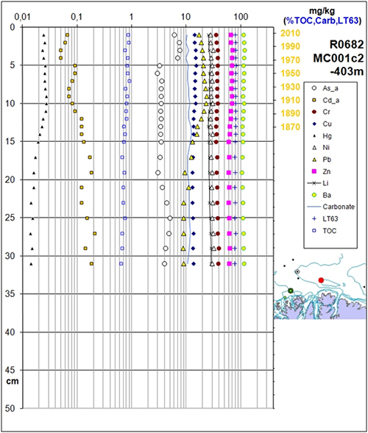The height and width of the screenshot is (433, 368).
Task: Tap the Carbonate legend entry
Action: pos(330,207)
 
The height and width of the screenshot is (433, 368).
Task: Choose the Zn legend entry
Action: pos(321,171)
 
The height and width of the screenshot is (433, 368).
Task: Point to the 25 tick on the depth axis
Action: pos(11,218)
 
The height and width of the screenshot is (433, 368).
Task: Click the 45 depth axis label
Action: pos(11,371)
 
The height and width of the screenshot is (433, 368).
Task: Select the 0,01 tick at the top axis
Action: pos(22,17)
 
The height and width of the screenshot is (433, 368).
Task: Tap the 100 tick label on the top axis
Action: pos(241,17)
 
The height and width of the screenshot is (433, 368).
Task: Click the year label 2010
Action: pos(290,33)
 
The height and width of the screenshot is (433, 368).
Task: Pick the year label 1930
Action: pos(290,87)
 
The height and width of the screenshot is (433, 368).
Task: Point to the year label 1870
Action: pos(290,127)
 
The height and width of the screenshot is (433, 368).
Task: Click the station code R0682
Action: pos(347,44)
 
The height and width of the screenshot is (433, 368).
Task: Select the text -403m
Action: pos(347,71)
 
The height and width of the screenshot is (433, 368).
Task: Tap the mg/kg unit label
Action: pos(322,11)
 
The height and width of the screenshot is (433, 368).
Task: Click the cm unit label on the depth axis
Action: pos(13,382)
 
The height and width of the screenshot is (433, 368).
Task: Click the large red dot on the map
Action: pos(321,280)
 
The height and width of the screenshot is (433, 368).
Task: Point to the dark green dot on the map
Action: pos(290,290)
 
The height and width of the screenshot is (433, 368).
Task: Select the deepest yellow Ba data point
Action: pos(244,264)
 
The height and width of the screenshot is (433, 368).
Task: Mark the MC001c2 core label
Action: pos(339,58)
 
